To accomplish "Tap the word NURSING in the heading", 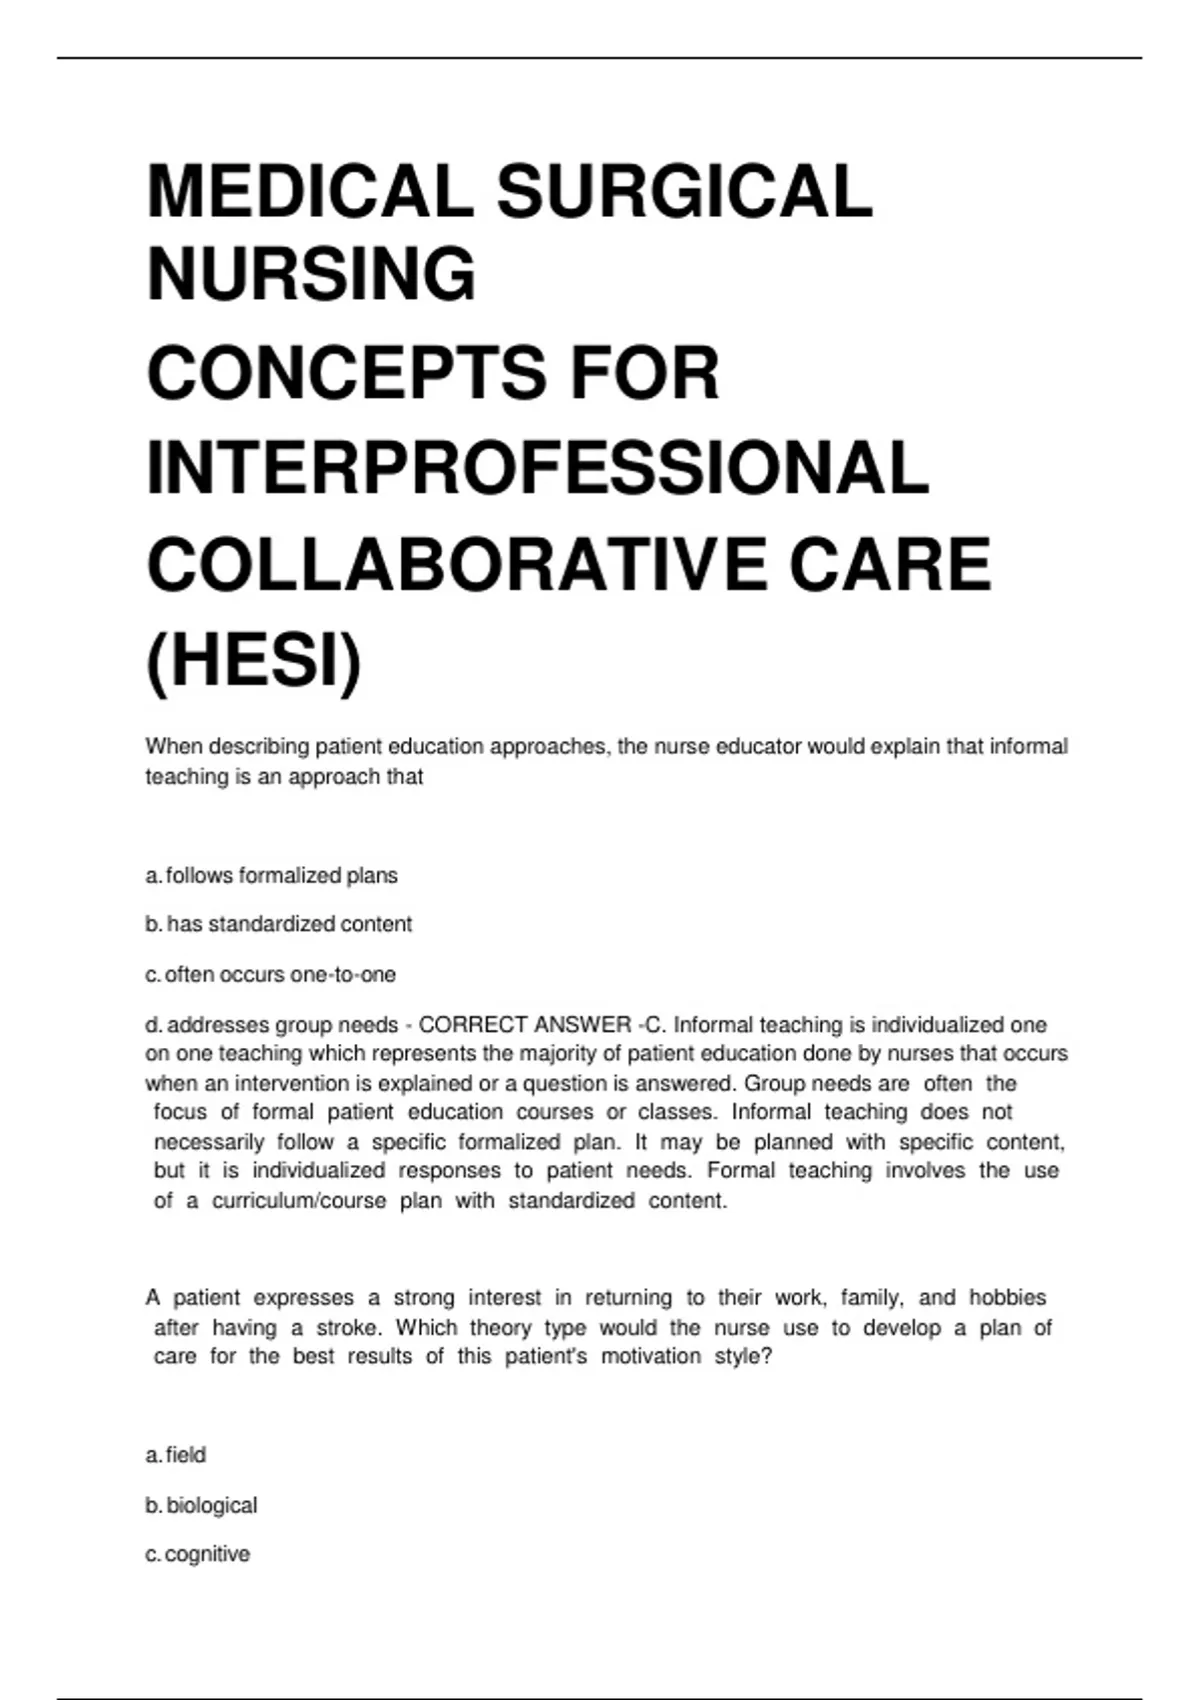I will coord(311,274).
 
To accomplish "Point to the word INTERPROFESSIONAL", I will coord(538,468).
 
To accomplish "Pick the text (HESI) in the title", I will coord(254,661).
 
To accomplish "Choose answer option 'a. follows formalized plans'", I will coord(272,876).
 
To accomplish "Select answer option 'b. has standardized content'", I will coord(279,924).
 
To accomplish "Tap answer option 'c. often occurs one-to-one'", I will coord(271,974).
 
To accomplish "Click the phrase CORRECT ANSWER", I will coord(524,1025).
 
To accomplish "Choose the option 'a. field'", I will coord(176,1455).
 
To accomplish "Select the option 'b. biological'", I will coord(201,1505).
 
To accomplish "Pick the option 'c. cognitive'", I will coord(198,1554).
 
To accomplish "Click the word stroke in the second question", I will coord(348,1328).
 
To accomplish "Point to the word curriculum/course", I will coord(299,1200).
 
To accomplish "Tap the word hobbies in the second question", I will coord(1007,1298).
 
